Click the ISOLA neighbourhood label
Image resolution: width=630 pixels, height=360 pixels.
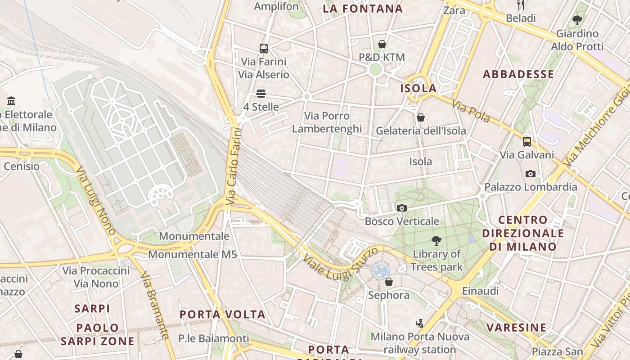point(418,88)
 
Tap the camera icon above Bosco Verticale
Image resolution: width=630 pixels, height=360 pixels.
point(402,208)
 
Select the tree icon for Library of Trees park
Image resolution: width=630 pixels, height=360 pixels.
point(436,240)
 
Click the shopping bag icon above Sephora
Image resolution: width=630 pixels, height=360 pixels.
point(389,282)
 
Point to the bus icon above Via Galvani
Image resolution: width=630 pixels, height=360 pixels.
point(527,141)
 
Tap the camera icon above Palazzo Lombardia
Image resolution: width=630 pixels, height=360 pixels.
point(531,174)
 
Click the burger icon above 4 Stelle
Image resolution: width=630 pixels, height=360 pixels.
point(261,94)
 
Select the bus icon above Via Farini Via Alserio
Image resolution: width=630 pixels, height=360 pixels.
point(264,48)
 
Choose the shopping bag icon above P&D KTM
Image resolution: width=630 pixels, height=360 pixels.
point(382,44)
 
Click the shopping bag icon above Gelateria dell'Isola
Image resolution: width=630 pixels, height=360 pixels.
point(421,117)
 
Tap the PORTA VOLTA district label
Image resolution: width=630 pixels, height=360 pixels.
point(223,314)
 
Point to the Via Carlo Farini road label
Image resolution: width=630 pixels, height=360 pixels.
point(234,166)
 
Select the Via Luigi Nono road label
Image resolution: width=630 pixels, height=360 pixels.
point(95,201)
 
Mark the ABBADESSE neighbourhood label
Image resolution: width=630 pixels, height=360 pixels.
point(518,74)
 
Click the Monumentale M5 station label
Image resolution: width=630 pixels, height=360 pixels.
point(193,254)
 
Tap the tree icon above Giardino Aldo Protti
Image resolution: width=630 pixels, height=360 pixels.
point(577,20)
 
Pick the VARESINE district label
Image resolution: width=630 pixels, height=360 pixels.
point(517,327)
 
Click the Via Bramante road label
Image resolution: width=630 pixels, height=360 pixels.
point(155,305)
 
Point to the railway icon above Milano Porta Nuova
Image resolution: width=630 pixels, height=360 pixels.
point(420,323)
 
